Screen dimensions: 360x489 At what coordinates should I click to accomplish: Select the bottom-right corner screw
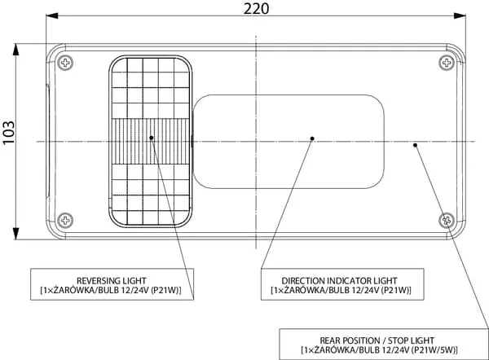[x=446, y=219]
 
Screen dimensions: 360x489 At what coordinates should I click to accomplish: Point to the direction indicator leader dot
[x=312, y=138]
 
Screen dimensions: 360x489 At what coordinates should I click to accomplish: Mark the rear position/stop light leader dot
[x=416, y=145]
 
